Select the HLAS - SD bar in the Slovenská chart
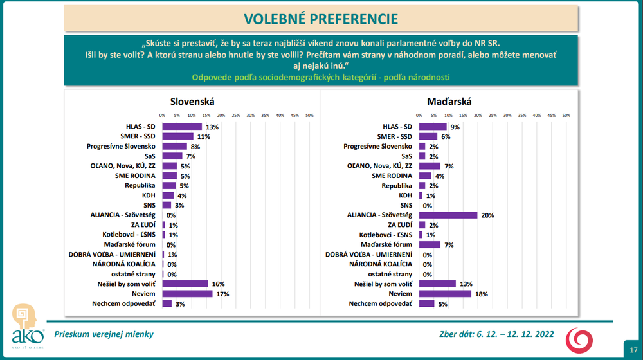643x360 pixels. pyautogui.click(x=182, y=127)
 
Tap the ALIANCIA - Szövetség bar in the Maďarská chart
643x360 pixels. pyautogui.click(x=448, y=215)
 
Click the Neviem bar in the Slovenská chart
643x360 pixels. pyautogui.click(x=187, y=294)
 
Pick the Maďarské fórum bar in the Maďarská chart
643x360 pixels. pyautogui.click(x=430, y=244)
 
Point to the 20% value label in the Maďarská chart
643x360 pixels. pyautogui.click(x=487, y=215)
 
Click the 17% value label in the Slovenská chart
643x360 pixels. pyautogui.click(x=223, y=294)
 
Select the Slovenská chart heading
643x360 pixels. pyautogui.click(x=192, y=102)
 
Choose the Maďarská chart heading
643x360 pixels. pyautogui.click(x=449, y=102)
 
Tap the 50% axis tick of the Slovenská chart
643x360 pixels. pyautogui.click(x=309, y=116)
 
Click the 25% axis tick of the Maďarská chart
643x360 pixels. pyautogui.click(x=493, y=116)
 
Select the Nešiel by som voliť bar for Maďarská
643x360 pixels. pyautogui.click(x=438, y=283)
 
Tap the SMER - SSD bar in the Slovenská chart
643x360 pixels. pyautogui.click(x=178, y=136)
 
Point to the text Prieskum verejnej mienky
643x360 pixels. pyautogui.click(x=104, y=334)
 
